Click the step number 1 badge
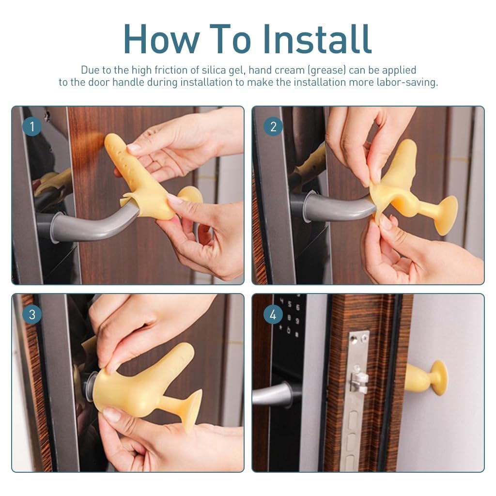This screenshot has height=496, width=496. [32, 127]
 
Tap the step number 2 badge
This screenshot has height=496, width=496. [273, 127]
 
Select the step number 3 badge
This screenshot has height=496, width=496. [32, 314]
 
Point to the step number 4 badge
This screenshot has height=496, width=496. [273, 314]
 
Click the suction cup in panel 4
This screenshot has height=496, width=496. [438, 377]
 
